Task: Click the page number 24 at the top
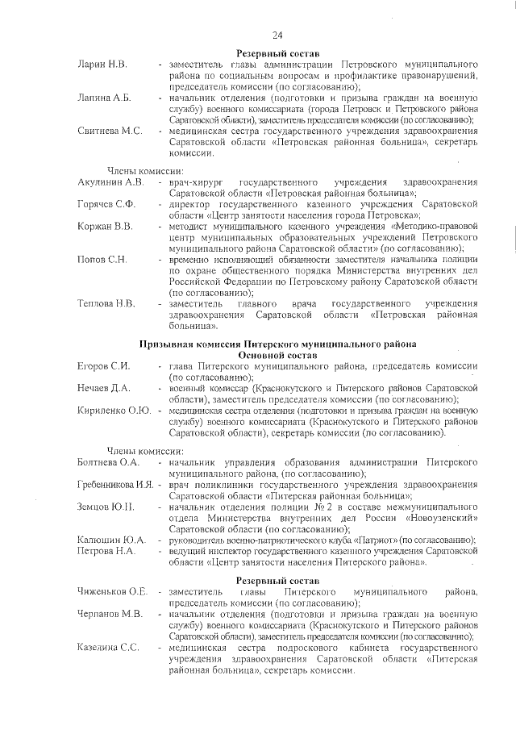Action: [277, 35]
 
